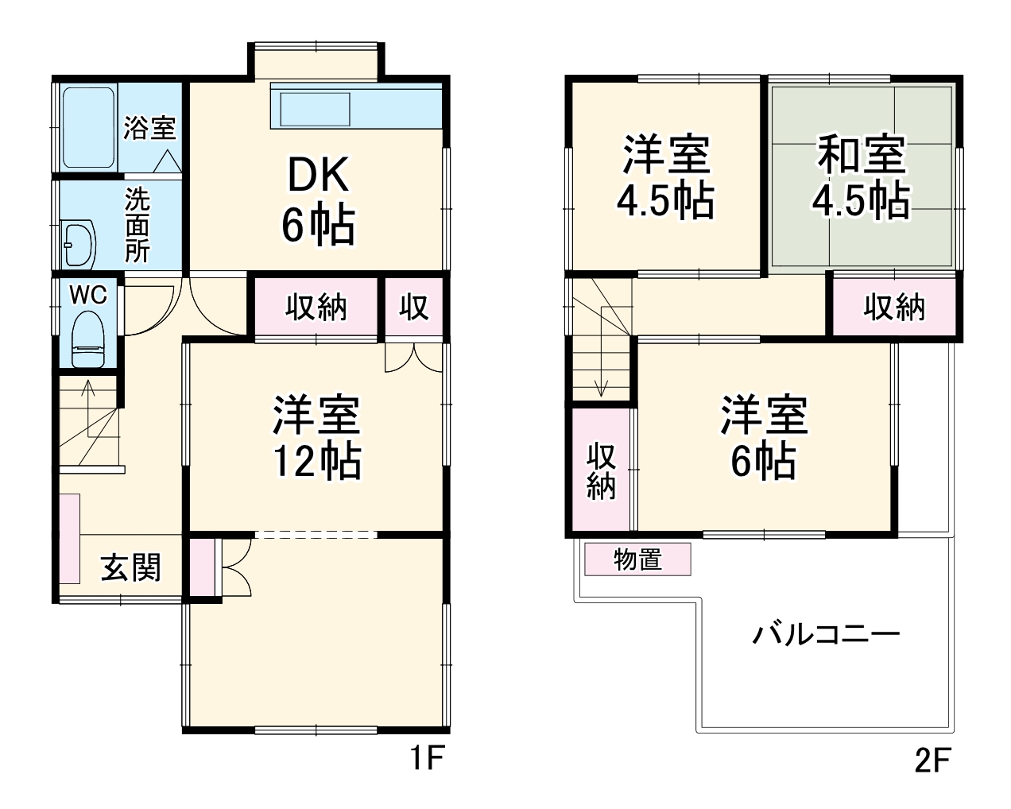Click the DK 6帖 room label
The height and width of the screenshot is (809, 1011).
click(x=317, y=200)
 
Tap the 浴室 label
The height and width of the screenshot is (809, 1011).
click(x=149, y=127)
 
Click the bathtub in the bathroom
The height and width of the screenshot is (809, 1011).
click(x=87, y=127)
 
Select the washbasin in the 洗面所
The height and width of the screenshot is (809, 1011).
click(x=78, y=242)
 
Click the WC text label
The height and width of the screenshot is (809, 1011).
click(x=88, y=295)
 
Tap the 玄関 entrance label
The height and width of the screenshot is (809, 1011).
click(x=130, y=567)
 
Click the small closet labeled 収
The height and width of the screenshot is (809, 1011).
click(x=413, y=307)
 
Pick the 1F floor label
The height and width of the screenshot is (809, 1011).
click(x=426, y=761)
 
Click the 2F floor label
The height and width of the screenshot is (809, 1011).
click(x=932, y=761)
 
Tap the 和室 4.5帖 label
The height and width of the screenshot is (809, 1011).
click(x=861, y=177)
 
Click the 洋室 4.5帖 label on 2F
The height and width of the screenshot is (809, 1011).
click(x=666, y=177)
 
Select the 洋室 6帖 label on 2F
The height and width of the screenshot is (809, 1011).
click(x=763, y=437)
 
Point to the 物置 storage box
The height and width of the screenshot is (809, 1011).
click(x=638, y=559)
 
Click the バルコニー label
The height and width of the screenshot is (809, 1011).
click(x=826, y=635)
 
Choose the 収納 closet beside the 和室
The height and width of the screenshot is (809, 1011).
click(x=894, y=307)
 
